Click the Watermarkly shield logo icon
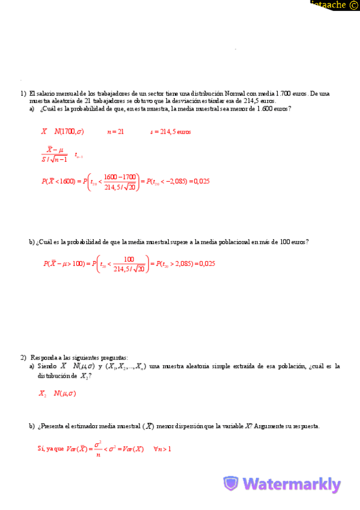[x=231, y=484]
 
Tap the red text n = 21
[x=115, y=132]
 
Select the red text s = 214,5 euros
[x=171, y=132]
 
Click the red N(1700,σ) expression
[x=69, y=132]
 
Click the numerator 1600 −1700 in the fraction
[x=120, y=176]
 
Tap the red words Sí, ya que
[x=50, y=449]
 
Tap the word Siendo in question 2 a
[x=47, y=366]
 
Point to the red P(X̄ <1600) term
[x=58, y=181]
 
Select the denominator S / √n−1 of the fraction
[x=54, y=159]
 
